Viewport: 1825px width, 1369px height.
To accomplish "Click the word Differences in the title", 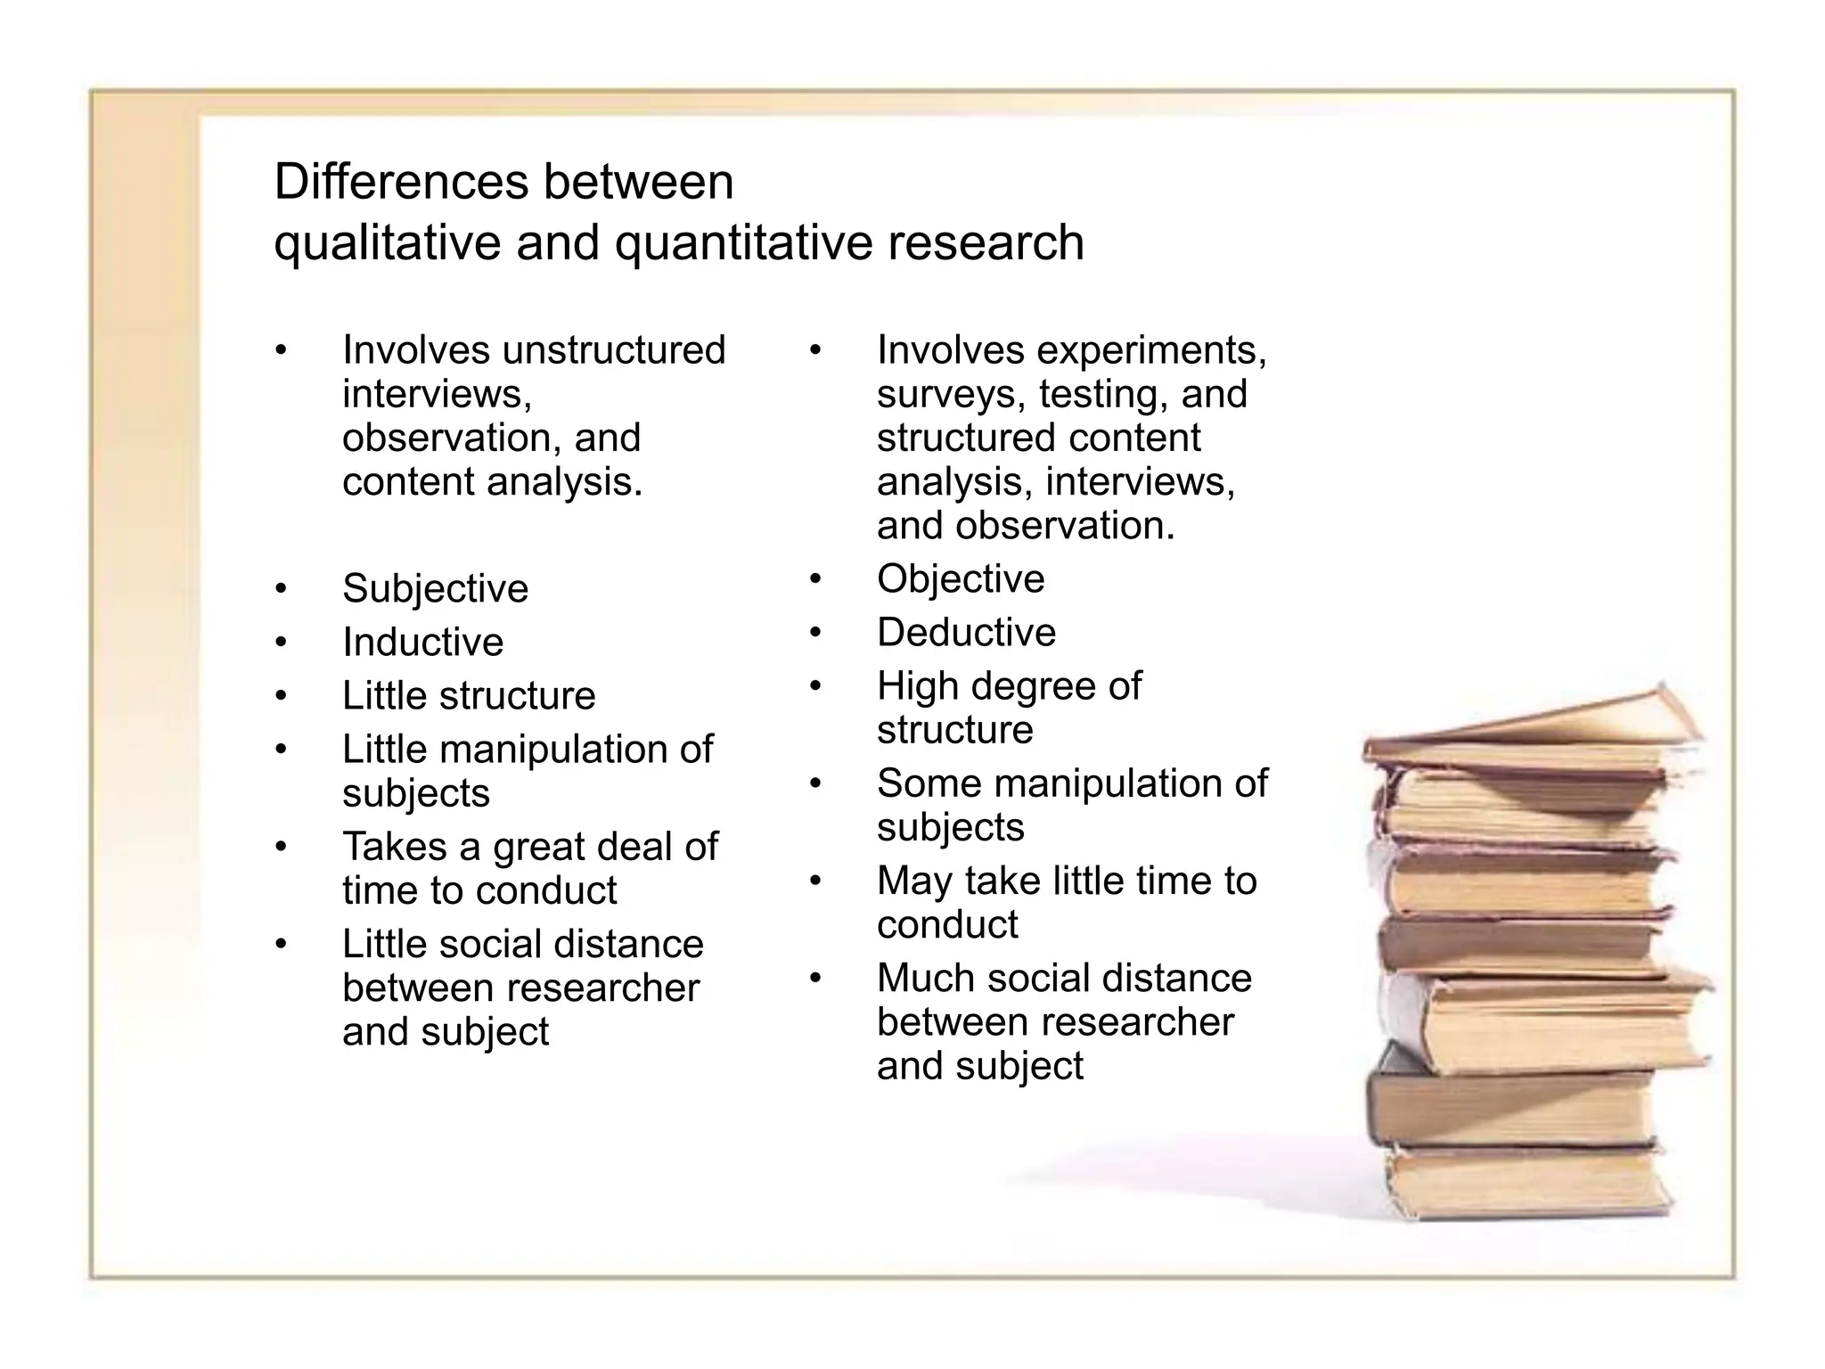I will click(x=401, y=182).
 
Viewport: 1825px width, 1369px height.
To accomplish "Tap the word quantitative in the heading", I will click(x=743, y=242).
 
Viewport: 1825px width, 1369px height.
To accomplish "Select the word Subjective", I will click(x=435, y=588).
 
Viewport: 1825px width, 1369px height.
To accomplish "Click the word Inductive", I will click(x=422, y=642).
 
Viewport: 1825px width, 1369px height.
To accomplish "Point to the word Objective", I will click(x=961, y=579).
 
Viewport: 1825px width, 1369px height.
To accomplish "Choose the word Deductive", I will click(x=966, y=633).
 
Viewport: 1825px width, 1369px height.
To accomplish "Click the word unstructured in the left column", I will click(x=614, y=350).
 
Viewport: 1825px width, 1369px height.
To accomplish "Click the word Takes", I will click(x=393, y=846).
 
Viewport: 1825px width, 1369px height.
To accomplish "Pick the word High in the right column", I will click(x=917, y=686).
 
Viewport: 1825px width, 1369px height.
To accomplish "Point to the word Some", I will click(x=927, y=783).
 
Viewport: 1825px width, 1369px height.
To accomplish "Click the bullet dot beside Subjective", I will click(x=282, y=588).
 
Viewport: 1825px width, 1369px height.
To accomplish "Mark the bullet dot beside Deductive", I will click(x=815, y=633).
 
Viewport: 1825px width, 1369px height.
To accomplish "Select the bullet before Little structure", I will click(x=282, y=695).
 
